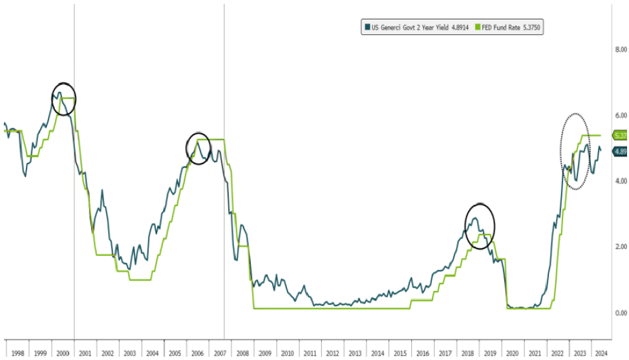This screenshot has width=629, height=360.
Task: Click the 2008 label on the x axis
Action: coord(242,354)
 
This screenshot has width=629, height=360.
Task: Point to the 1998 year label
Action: coord(18,354)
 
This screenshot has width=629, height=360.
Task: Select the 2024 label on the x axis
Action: coord(601,354)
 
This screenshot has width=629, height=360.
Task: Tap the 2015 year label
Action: coord(400,354)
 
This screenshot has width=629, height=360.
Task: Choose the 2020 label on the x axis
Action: coord(512,354)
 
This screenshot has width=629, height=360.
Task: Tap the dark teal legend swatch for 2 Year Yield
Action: coord(367,27)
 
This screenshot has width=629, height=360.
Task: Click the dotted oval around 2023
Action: coord(575,151)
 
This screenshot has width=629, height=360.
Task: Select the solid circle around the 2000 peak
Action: coord(63,99)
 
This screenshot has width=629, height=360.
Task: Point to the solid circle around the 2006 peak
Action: coord(198,148)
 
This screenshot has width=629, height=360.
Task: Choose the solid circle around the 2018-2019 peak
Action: coord(480,226)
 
